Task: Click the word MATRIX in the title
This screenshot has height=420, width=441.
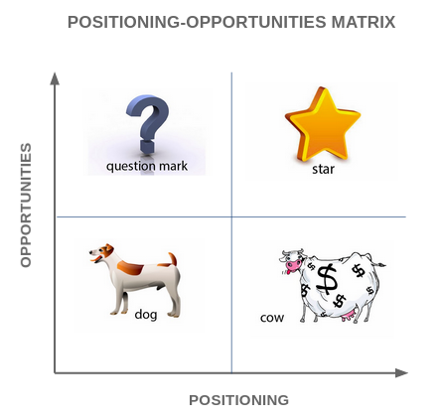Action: [364, 22]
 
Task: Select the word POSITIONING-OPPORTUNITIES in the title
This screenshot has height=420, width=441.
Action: [197, 22]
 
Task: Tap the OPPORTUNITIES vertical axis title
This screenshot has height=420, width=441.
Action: [26, 205]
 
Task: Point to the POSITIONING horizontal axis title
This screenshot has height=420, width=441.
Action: [238, 400]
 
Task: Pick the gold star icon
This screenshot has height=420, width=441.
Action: [323, 124]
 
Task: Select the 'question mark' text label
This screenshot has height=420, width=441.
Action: [147, 166]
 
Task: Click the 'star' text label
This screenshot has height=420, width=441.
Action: [323, 169]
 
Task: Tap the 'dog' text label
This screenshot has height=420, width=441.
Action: [146, 314]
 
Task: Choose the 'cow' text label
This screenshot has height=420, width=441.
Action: [272, 318]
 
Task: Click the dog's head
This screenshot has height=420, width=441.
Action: [102, 253]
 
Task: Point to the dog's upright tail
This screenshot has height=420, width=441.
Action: [173, 259]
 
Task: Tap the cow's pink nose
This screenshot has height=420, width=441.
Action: [293, 265]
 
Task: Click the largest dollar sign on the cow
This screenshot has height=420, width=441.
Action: [327, 279]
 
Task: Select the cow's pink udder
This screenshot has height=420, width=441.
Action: [349, 315]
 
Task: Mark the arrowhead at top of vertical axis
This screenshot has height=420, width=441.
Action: [55, 78]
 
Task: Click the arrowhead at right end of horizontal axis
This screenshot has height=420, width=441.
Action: [401, 373]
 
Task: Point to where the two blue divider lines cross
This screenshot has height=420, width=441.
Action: [231, 217]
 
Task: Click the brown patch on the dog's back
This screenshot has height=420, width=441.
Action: [130, 267]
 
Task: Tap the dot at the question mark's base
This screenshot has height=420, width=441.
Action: [147, 147]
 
